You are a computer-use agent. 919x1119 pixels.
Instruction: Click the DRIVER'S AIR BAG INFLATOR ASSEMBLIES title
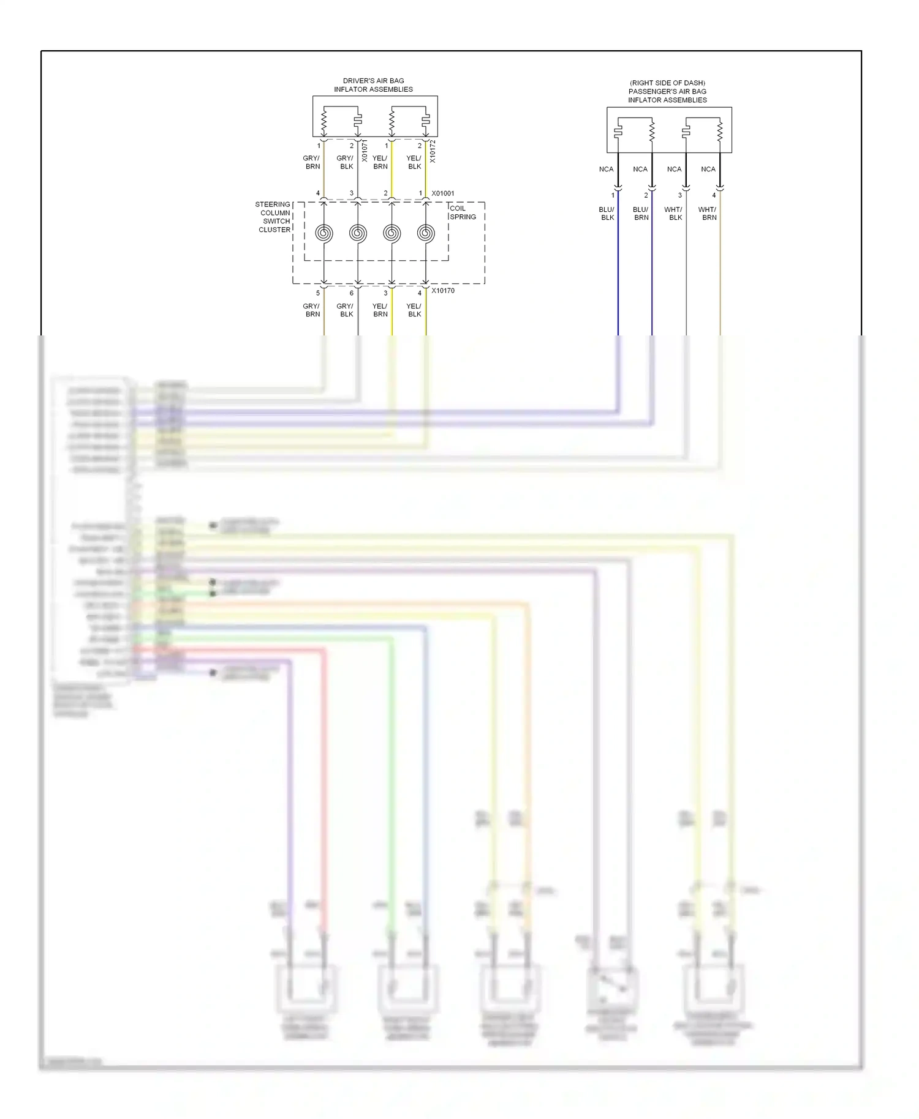pyautogui.click(x=373, y=85)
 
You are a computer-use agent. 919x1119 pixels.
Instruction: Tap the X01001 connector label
pyautogui.click(x=443, y=193)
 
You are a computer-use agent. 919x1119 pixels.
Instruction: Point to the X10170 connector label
pyautogui.click(x=443, y=291)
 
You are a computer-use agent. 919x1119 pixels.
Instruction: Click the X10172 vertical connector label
pyautogui.click(x=432, y=151)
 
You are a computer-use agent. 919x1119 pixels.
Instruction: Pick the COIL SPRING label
pyautogui.click(x=463, y=212)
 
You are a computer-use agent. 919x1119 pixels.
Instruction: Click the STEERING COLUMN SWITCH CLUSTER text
pyautogui.click(x=273, y=217)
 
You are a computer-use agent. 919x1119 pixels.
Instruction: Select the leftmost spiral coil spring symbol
pyautogui.click(x=324, y=233)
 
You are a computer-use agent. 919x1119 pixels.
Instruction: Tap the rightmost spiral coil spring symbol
pyautogui.click(x=426, y=233)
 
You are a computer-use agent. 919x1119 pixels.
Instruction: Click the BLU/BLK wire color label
pyautogui.click(x=607, y=214)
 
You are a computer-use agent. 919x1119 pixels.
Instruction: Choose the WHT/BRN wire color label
pyautogui.click(x=708, y=214)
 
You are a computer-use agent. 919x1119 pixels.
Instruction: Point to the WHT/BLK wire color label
pyautogui.click(x=674, y=214)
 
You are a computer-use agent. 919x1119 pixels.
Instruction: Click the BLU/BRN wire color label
pyautogui.click(x=641, y=214)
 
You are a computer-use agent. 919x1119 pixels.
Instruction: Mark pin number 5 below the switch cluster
pyautogui.click(x=318, y=293)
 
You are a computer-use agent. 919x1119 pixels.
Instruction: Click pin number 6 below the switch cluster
pyautogui.click(x=352, y=293)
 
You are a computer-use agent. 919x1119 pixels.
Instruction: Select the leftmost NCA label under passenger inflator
pyautogui.click(x=606, y=170)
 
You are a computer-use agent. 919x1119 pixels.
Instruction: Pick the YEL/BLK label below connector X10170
pyautogui.click(x=414, y=310)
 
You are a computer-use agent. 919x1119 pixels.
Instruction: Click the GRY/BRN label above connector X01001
pyautogui.click(x=312, y=162)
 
